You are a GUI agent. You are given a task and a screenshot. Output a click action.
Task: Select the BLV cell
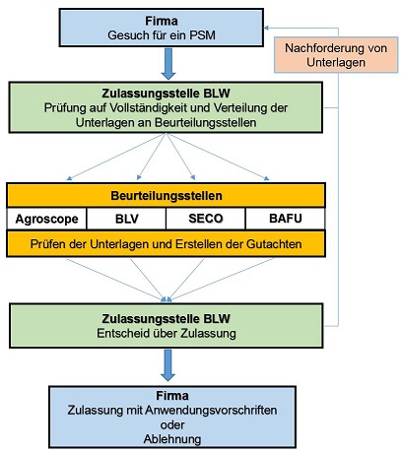[123, 218]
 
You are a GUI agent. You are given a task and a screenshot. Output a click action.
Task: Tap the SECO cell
[201, 218]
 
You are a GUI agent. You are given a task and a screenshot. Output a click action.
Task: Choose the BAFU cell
[283, 218]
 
